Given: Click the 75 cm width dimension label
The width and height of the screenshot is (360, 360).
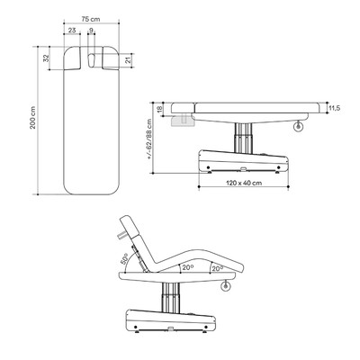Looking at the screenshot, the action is click(91, 19).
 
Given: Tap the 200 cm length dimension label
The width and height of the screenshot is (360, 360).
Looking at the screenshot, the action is click(32, 118).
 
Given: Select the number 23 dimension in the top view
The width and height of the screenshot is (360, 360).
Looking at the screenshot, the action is click(72, 31).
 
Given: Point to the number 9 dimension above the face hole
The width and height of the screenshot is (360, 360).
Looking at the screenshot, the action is click(91, 31).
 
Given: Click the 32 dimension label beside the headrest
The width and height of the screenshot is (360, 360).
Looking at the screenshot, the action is click(46, 58).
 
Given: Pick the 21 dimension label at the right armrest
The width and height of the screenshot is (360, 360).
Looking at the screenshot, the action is click(128, 60).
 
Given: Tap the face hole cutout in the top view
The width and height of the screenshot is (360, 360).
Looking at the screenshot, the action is click(92, 60).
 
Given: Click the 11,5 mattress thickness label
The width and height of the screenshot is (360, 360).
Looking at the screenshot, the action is click(334, 108).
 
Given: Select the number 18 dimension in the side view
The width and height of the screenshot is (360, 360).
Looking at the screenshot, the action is click(159, 109).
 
